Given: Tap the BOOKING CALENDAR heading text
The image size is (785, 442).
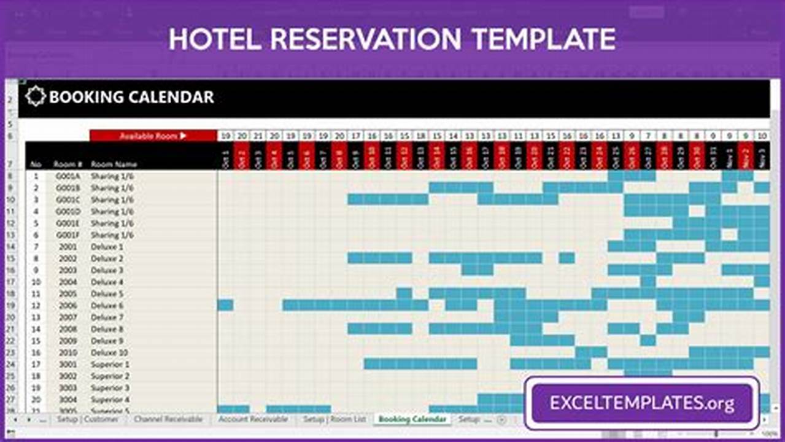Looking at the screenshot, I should (131, 97).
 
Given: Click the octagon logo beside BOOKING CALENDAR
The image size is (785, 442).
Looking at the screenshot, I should (36, 96).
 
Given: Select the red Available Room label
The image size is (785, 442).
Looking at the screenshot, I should (153, 136).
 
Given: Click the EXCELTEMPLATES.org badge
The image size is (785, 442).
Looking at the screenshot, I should (641, 403).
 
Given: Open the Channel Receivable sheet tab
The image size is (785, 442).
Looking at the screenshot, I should (168, 419).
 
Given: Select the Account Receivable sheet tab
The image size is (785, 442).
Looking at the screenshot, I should (253, 419).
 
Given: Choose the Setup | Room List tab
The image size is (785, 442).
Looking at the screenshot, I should (334, 419).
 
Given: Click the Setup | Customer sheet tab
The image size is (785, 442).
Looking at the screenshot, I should (88, 419).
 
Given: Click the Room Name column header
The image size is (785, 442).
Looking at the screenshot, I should (114, 165).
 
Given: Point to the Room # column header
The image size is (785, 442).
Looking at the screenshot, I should (68, 165).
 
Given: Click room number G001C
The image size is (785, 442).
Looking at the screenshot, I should (68, 200).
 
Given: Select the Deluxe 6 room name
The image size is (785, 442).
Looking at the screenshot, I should (107, 306).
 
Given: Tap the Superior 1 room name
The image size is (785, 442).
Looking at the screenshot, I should (110, 364).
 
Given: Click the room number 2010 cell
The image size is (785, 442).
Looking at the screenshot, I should (68, 352).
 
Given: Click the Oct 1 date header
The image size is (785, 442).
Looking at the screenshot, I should (225, 158).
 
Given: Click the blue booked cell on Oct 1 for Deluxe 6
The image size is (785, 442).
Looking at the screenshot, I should (225, 305).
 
